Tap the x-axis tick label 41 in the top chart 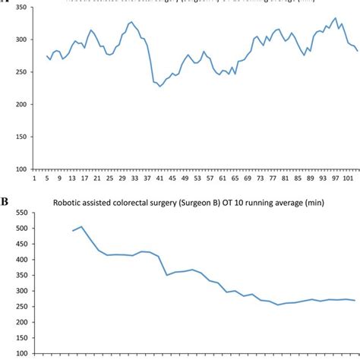click(159, 179)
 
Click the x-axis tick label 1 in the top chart click(34, 179)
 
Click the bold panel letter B click(5, 203)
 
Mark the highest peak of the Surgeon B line click(82, 226)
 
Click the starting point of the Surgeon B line click(73, 231)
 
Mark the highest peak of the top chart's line click(336, 18)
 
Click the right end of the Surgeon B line click(355, 300)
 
